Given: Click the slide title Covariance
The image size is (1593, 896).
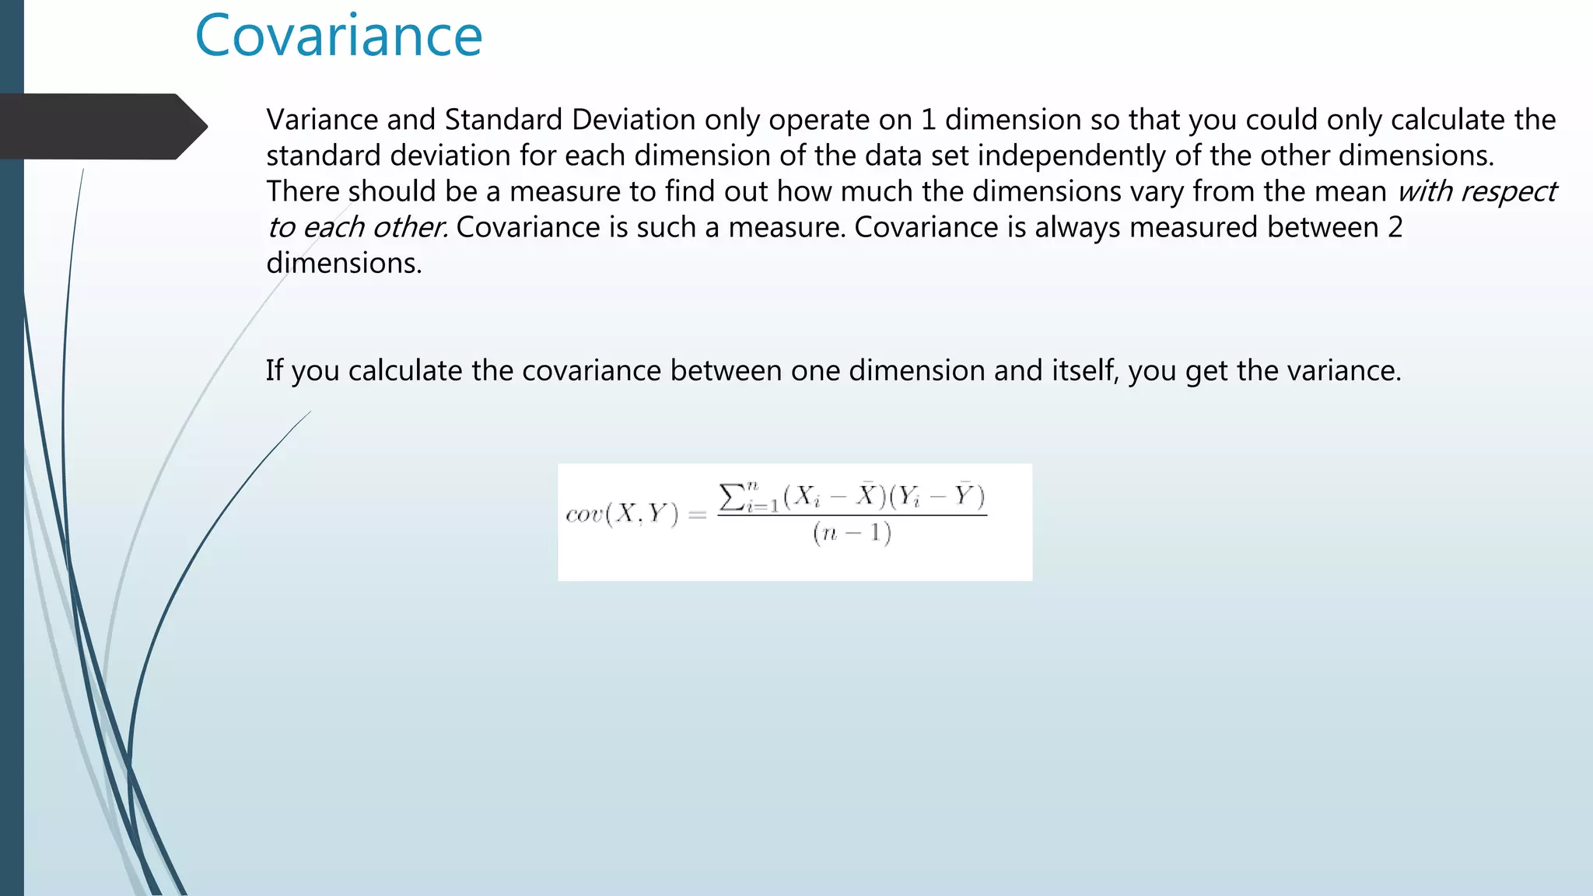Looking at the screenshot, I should [x=338, y=37].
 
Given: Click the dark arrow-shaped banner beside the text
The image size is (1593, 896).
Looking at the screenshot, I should [x=101, y=126].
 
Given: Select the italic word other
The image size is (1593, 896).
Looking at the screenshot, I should [x=408, y=227].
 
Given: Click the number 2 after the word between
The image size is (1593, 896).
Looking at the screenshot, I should [x=1395, y=227].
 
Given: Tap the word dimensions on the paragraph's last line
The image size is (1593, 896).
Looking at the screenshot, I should [x=343, y=263].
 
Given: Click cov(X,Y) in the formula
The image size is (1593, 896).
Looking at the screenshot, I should [x=622, y=514].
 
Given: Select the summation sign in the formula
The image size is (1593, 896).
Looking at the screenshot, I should [x=732, y=496].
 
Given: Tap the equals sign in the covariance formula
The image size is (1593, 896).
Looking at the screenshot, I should [x=698, y=514].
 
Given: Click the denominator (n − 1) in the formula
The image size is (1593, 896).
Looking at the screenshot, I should [x=852, y=534].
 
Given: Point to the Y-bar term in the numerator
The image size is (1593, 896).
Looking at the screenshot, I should [x=965, y=495].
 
